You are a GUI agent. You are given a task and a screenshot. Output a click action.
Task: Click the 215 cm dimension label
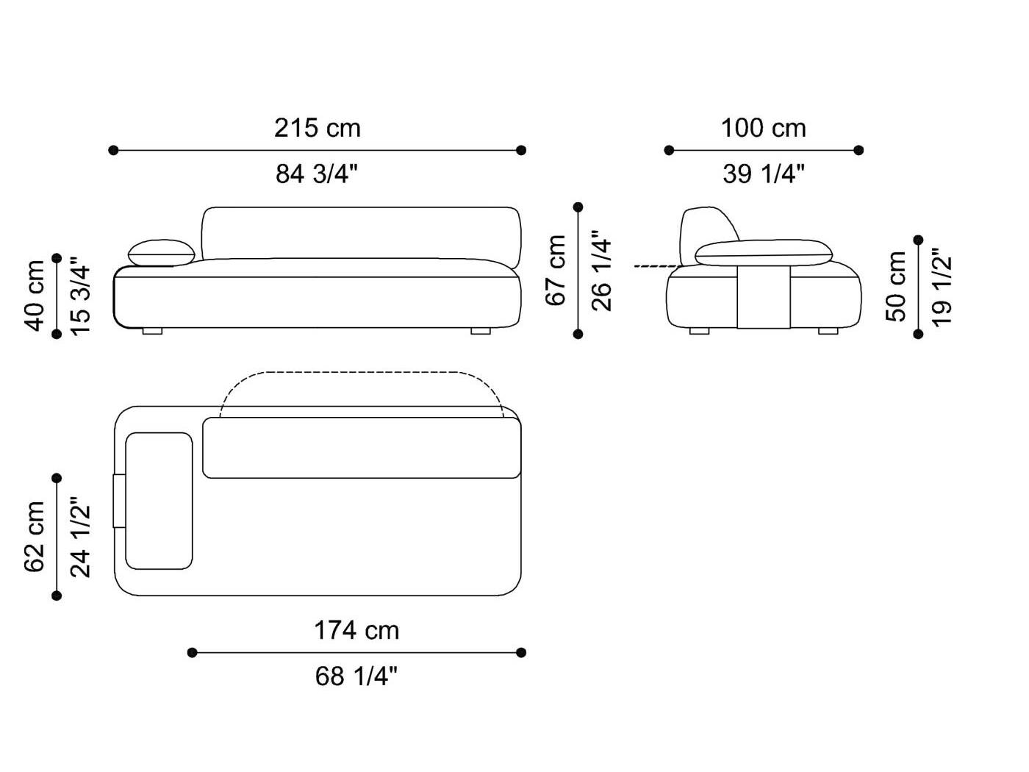tap(318, 128)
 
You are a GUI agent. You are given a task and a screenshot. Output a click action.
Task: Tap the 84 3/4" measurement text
tap(317, 174)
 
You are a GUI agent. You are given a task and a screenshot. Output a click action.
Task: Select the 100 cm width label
tap(763, 128)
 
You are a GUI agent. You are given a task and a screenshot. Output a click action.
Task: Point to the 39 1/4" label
tap(763, 174)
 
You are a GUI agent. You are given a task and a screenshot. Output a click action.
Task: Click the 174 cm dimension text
tap(356, 630)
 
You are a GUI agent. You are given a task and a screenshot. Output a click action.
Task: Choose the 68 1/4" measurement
tap(356, 676)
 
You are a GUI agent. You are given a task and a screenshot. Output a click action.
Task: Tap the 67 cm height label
tap(556, 271)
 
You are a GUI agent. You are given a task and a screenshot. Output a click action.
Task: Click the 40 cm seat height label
tap(35, 296)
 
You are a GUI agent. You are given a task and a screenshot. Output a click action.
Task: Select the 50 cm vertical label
tap(896, 287)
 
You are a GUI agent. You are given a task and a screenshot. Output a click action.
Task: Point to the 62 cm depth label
tap(35, 537)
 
